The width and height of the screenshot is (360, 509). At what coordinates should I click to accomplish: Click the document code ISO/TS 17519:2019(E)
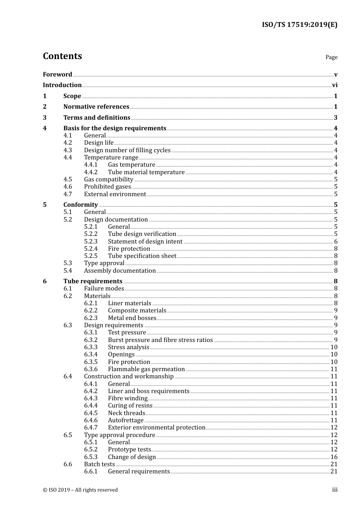pos(299,25)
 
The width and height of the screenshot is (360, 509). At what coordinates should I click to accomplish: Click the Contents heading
pos(62,56)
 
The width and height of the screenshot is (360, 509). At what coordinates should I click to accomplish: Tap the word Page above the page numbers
pos(331,57)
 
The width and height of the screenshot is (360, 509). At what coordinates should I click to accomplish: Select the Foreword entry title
pos(57,74)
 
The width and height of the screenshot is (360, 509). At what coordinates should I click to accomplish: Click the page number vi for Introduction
pos(335,85)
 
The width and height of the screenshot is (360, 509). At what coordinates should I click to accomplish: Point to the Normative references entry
pos(96,107)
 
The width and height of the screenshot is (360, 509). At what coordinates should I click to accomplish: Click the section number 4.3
pos(67,150)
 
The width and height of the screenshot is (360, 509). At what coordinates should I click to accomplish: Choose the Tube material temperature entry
pos(146,172)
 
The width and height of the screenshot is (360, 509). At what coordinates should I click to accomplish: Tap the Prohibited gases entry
pos(107,187)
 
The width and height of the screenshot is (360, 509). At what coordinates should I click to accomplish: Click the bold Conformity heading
pos(80,205)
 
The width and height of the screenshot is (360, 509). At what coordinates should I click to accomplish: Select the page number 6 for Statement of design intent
pos(336,242)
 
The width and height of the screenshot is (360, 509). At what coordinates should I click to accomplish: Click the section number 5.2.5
pos(91,256)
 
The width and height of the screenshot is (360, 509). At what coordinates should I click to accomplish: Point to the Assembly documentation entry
pos(120,271)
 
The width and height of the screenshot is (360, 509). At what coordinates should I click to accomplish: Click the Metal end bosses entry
pos(132,318)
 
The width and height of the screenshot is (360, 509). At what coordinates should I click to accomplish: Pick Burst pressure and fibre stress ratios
pos(160,340)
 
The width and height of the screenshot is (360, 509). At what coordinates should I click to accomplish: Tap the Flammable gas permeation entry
pos(146,369)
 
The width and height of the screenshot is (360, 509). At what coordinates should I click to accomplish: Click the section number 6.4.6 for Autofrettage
pos(91,420)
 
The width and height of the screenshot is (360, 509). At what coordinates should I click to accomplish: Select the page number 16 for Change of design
pos(334,457)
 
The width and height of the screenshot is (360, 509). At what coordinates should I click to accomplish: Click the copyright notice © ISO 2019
pos(80,490)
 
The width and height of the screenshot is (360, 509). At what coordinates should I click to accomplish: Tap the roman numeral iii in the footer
pos(335,490)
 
